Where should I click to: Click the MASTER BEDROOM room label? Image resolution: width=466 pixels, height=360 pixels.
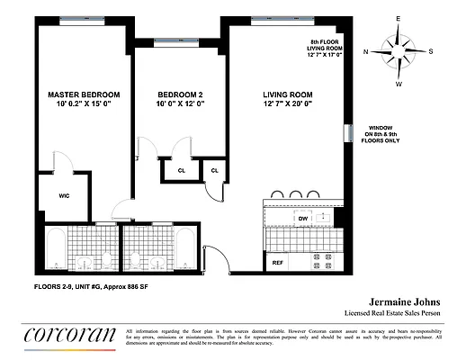click(84, 94)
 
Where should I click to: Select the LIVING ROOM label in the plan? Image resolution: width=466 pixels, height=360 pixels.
click(287, 94)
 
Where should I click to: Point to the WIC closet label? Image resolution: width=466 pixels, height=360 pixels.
click(64, 194)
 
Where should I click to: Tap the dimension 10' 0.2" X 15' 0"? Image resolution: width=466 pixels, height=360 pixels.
click(84, 105)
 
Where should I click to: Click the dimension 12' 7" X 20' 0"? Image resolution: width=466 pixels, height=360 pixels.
click(287, 105)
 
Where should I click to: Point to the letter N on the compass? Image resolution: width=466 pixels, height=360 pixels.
click(366, 51)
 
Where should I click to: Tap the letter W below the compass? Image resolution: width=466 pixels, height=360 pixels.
click(399, 84)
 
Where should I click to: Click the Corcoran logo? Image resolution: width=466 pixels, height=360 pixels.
click(69, 334)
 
